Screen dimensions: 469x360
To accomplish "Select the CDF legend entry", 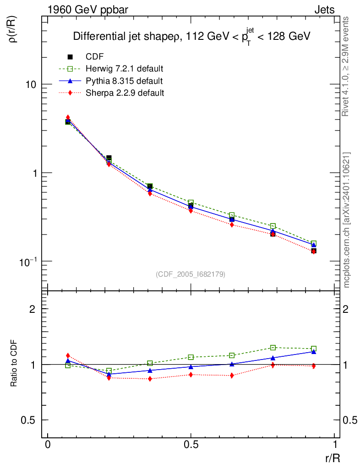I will point(95,57).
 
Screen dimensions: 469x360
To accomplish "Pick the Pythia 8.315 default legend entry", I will point(124,81).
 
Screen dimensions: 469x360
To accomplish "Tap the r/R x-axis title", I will point(332,458).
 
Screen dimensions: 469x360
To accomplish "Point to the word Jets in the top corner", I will point(324,10).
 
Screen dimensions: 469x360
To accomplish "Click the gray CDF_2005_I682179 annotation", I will point(191,274).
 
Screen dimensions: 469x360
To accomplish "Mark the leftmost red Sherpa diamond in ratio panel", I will point(68,355).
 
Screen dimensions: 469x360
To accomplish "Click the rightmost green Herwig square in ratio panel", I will point(314,349).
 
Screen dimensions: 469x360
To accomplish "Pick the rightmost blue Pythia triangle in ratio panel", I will point(314,352).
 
